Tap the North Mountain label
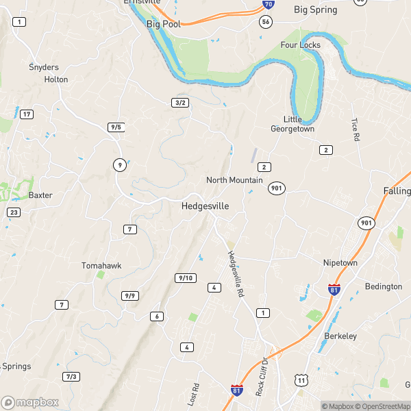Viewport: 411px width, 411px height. [234, 180]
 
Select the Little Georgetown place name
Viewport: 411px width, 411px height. [292, 124]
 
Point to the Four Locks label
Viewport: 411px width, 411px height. [300, 45]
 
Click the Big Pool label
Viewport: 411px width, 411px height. [162, 24]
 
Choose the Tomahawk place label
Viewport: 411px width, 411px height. [101, 265]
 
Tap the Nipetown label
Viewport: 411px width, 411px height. [341, 262]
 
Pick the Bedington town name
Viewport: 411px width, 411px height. [383, 286]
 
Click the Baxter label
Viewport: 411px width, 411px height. [40, 195]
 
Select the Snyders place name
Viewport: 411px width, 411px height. [44, 67]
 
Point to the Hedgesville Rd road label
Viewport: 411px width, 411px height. [236, 273]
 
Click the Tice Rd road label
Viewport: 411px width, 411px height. [355, 129]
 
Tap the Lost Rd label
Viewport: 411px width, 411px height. [194, 395]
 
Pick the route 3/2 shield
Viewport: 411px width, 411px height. [180, 102]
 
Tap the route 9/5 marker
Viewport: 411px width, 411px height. [116, 127]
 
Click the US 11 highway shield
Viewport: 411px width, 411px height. [301, 379]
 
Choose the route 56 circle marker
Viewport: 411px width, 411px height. [266, 22]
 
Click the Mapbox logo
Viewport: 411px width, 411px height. [30, 403]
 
